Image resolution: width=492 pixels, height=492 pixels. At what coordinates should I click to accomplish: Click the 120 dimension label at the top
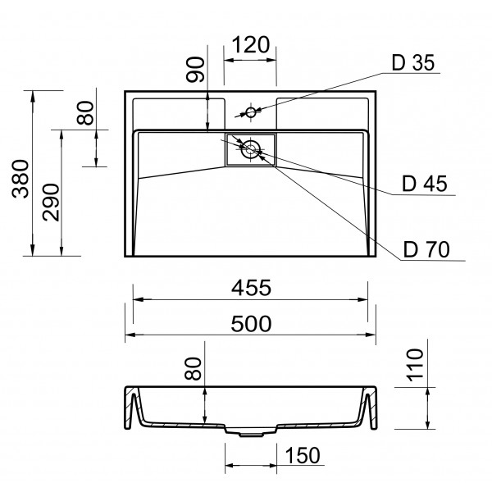point(251,45)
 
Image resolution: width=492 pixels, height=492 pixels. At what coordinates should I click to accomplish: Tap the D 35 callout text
point(413,62)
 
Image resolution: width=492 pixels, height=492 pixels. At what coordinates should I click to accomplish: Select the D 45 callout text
point(425,184)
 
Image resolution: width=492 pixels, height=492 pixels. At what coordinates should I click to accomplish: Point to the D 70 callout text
point(426,249)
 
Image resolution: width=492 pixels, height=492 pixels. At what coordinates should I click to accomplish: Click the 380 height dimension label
point(20,179)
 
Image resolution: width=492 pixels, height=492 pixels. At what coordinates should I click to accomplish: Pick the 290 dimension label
point(51,203)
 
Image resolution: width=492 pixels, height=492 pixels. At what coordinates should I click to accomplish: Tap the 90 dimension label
point(195,70)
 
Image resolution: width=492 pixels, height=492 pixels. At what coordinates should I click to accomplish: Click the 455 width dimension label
point(251,288)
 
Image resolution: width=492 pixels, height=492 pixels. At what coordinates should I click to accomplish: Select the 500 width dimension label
point(251,324)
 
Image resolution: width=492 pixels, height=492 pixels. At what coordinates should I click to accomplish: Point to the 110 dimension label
point(415,365)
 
